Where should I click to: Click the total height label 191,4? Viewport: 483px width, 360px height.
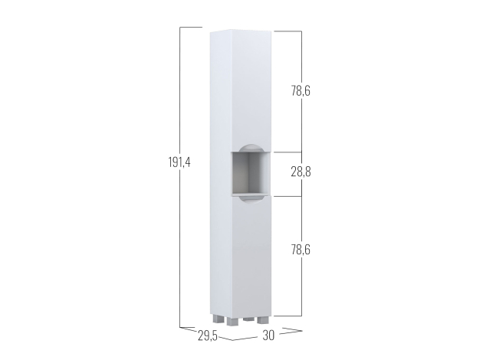[x=179, y=162]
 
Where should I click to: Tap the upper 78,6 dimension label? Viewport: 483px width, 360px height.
[x=301, y=91]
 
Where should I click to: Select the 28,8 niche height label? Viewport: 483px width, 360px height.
[x=301, y=172]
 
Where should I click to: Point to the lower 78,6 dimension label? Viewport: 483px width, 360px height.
[x=301, y=250]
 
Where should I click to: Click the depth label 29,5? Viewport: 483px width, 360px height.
[x=208, y=336]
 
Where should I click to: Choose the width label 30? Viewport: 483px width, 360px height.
[x=268, y=335]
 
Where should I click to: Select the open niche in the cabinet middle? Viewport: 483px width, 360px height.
[x=251, y=174]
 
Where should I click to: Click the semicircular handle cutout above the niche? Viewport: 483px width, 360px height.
[x=249, y=147]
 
